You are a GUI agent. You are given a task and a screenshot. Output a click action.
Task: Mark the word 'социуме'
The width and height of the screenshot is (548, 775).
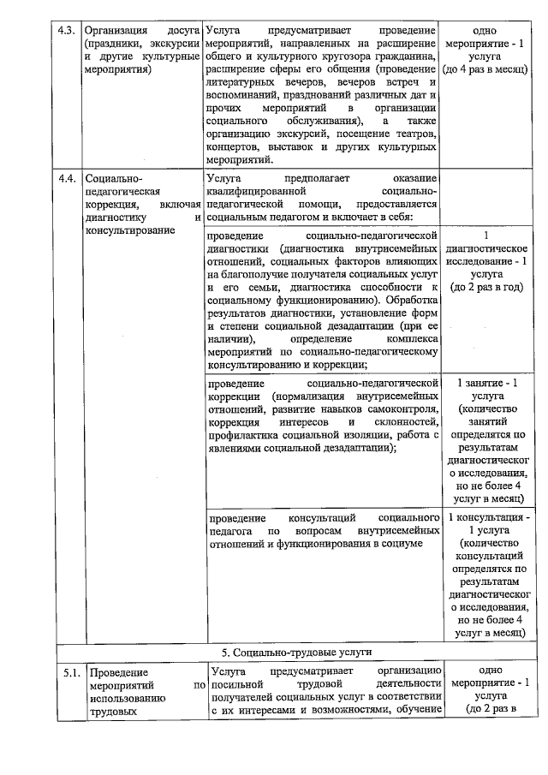[401, 545]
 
